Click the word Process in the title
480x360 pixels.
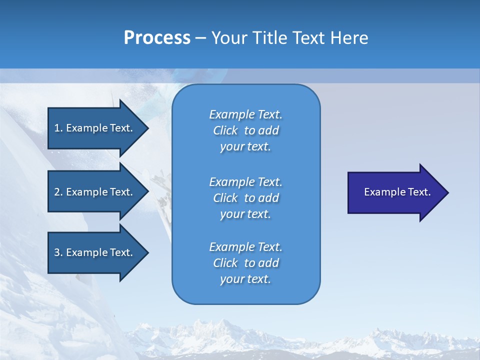(157, 38)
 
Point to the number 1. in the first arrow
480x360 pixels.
(58, 128)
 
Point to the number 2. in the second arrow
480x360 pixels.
(58, 192)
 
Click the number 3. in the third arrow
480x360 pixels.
(58, 252)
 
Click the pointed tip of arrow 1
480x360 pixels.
(146, 128)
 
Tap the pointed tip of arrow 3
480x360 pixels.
(146, 252)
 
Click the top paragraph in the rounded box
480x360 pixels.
(245, 130)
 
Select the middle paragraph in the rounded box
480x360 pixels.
(245, 198)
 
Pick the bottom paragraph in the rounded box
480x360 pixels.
(245, 263)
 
